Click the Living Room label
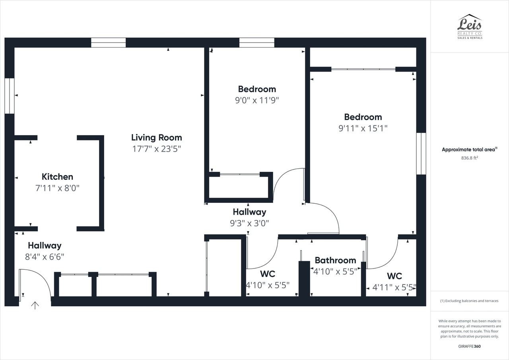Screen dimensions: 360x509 (156, 138)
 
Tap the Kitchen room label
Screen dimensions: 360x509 (57, 177)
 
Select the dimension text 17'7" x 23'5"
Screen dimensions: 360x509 (156, 149)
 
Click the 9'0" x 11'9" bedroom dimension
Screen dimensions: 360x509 (257, 100)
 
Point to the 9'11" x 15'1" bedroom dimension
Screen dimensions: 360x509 (363, 128)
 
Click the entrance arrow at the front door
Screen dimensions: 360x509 (35, 305)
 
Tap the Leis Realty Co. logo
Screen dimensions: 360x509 (470, 27)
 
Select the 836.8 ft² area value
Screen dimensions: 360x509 (469, 158)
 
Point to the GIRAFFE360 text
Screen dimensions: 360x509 (469, 346)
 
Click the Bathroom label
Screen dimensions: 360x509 (335, 260)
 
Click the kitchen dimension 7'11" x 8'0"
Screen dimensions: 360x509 (57, 188)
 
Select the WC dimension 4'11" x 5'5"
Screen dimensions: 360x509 (394, 287)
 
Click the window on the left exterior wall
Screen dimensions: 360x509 (9, 96)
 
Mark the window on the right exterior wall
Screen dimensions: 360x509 (421, 154)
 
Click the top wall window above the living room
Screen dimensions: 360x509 (108, 43)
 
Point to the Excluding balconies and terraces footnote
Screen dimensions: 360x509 (469, 301)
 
